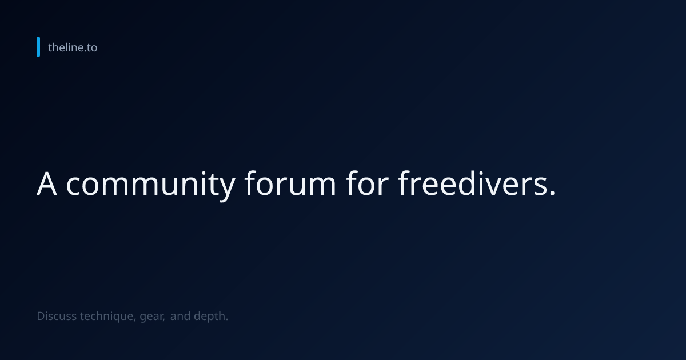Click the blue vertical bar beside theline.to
coord(38,47)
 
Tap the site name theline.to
coord(73,47)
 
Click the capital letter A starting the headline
coord(47,183)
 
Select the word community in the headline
coord(151,186)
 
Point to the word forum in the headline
coord(290,183)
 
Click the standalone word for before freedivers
coord(367,183)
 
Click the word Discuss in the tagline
coord(57,316)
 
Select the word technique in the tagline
coord(106,317)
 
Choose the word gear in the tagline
coord(151,318)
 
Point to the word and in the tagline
coord(181,316)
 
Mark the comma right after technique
coord(135,320)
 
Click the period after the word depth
coord(226,320)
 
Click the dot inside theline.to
coord(85,52)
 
